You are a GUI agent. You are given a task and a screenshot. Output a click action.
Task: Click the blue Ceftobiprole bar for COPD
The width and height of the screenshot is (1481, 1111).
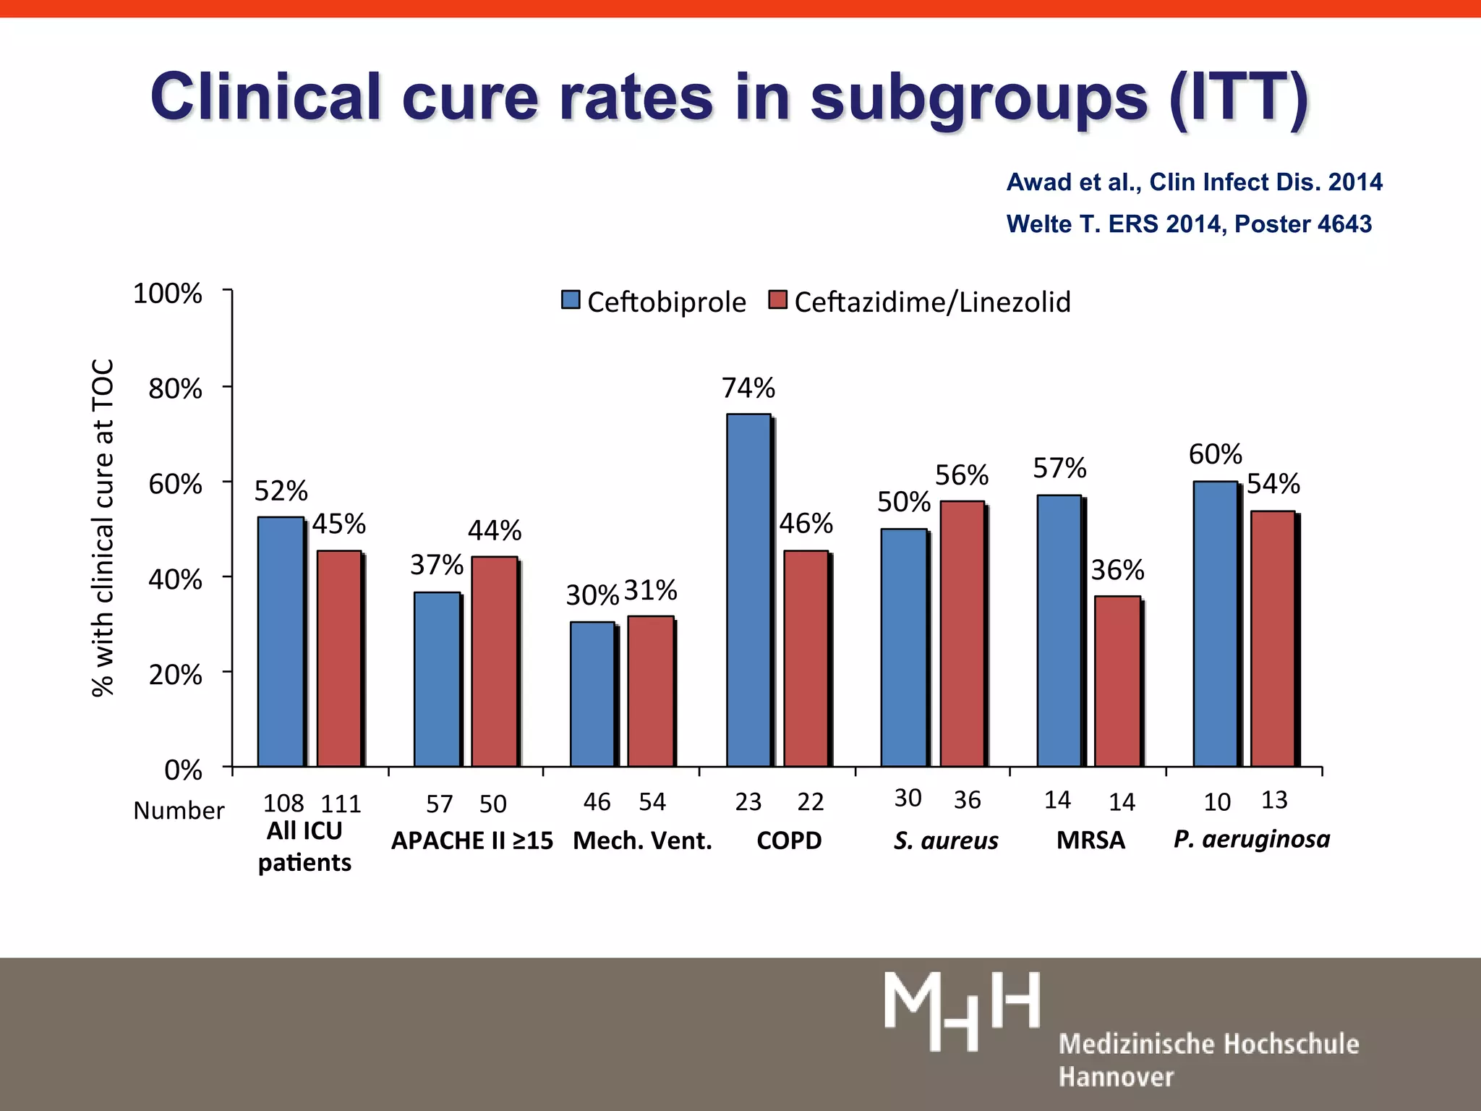click(x=748, y=589)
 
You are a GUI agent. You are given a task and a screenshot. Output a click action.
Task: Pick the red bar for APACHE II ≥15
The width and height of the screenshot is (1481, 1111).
click(x=494, y=661)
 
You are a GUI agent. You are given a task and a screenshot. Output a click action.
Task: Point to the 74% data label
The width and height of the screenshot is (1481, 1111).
click(x=748, y=388)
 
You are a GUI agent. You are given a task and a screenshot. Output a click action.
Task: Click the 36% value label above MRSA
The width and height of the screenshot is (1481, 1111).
click(x=1117, y=571)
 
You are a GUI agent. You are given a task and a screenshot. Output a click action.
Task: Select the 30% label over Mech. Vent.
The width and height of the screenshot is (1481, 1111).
click(x=592, y=595)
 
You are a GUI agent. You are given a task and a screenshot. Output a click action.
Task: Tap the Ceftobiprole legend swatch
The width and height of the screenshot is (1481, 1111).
click(x=571, y=299)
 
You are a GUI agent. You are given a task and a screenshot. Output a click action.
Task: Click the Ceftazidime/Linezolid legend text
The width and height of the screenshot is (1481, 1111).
click(x=932, y=302)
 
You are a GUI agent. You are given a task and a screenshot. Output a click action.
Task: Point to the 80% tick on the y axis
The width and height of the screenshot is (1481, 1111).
click(x=175, y=389)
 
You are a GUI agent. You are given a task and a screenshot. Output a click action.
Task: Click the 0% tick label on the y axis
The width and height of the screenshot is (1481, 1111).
click(x=183, y=770)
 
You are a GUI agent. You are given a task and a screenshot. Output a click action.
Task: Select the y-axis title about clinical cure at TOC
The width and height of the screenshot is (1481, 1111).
click(x=103, y=528)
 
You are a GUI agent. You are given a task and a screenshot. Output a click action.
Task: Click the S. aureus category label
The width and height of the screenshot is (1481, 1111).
click(x=946, y=840)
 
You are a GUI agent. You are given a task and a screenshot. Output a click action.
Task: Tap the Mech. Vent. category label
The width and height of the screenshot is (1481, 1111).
click(x=642, y=840)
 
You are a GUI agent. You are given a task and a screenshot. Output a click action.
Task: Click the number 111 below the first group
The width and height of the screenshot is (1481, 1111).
click(x=341, y=804)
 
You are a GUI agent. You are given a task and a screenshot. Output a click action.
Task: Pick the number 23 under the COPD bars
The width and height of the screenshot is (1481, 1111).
click(x=748, y=801)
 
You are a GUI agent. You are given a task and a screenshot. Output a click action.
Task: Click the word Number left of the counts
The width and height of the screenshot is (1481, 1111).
click(x=179, y=811)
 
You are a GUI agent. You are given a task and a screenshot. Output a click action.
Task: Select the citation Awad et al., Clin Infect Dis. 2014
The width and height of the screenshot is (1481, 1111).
click(x=1194, y=182)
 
